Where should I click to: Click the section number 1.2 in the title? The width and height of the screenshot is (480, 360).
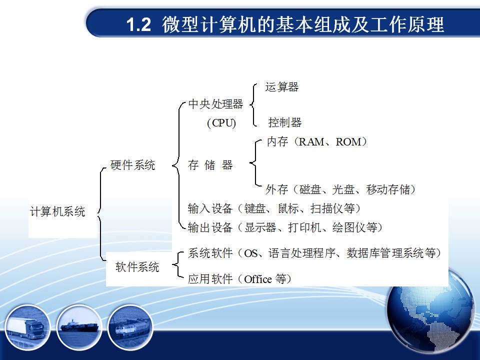pyautogui.click(x=138, y=24)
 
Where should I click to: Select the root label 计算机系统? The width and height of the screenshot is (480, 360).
pyautogui.click(x=57, y=211)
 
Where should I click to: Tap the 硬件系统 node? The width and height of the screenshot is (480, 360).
pyautogui.click(x=133, y=165)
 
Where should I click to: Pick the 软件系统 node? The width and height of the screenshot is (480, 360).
pyautogui.click(x=137, y=267)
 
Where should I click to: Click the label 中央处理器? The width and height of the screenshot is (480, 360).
pyautogui.click(x=215, y=104)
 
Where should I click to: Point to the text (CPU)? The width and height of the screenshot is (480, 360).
pyautogui.click(x=221, y=123)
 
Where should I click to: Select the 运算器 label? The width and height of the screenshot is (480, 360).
pyautogui.click(x=282, y=87)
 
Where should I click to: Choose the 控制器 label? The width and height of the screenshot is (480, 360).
pyautogui.click(x=285, y=122)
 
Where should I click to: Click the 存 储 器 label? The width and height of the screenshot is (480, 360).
pyautogui.click(x=210, y=165)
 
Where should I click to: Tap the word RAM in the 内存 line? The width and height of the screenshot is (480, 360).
pyautogui.click(x=311, y=141)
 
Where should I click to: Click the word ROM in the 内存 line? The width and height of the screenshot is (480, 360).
pyautogui.click(x=348, y=141)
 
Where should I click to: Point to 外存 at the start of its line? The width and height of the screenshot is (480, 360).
pyautogui.click(x=276, y=189)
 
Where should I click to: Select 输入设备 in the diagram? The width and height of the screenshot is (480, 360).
pyautogui.click(x=210, y=208)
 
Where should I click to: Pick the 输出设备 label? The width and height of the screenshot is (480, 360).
pyautogui.click(x=210, y=227)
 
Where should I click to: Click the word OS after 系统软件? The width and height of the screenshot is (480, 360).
pyautogui.click(x=250, y=253)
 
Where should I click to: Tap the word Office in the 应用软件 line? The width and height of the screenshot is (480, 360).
pyautogui.click(x=258, y=279)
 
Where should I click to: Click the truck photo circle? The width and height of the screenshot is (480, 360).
pyautogui.click(x=27, y=327)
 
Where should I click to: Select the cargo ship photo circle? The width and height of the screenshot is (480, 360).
pyautogui.click(x=79, y=327)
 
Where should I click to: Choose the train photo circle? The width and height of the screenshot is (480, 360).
pyautogui.click(x=130, y=327)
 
